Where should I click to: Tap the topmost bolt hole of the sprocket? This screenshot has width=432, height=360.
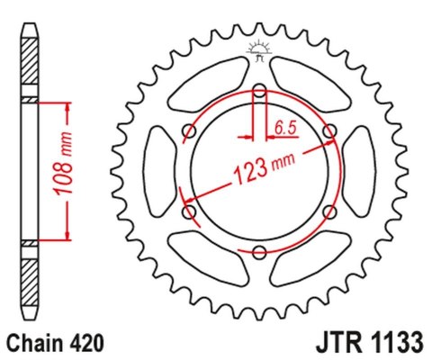[259, 90]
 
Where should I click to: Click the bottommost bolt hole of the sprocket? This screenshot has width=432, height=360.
[259, 251]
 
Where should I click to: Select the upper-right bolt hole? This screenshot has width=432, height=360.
[329, 130]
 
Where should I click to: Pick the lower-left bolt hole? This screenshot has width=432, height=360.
[190, 211]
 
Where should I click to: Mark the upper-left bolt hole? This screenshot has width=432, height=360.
[190, 130]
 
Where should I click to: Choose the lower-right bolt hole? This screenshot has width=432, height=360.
[329, 211]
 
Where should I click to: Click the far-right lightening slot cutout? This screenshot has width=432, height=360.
[361, 171]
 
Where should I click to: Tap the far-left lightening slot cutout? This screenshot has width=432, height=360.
[158, 171]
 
